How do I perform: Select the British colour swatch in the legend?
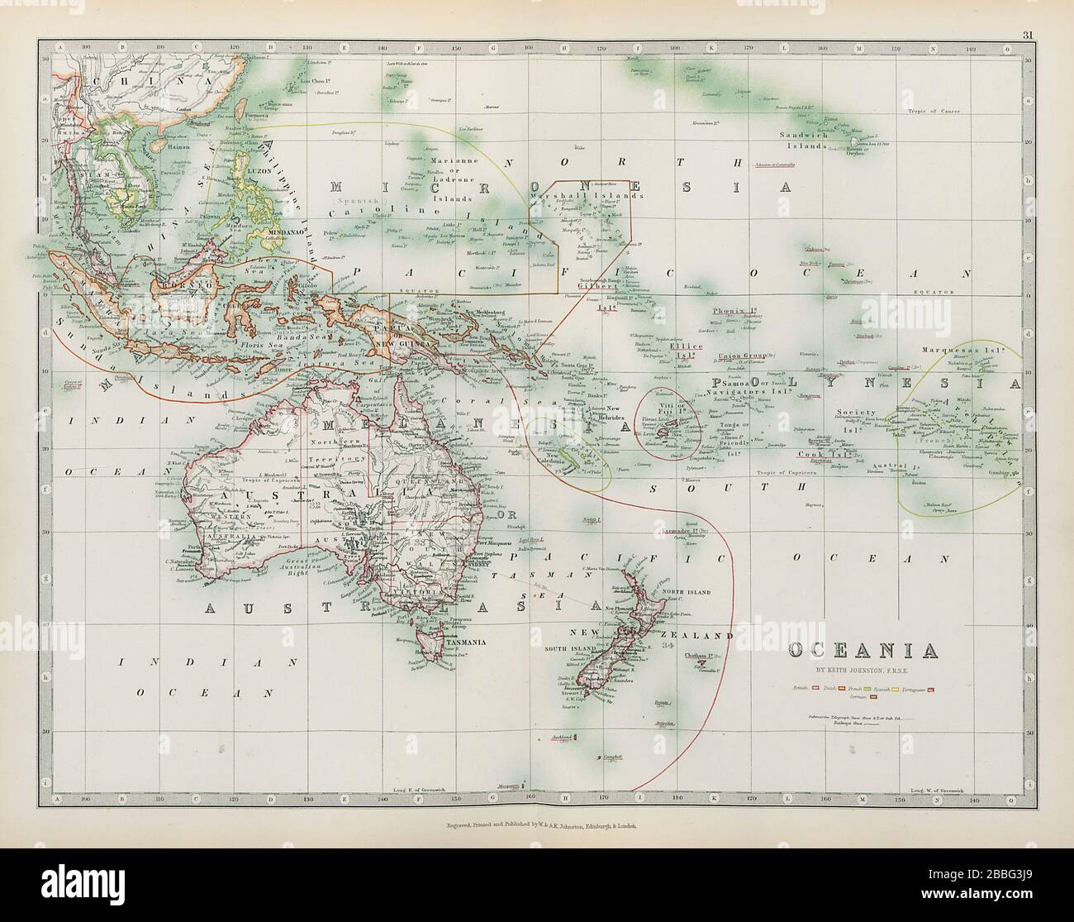click(x=815, y=688)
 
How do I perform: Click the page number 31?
click(x=1024, y=12)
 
